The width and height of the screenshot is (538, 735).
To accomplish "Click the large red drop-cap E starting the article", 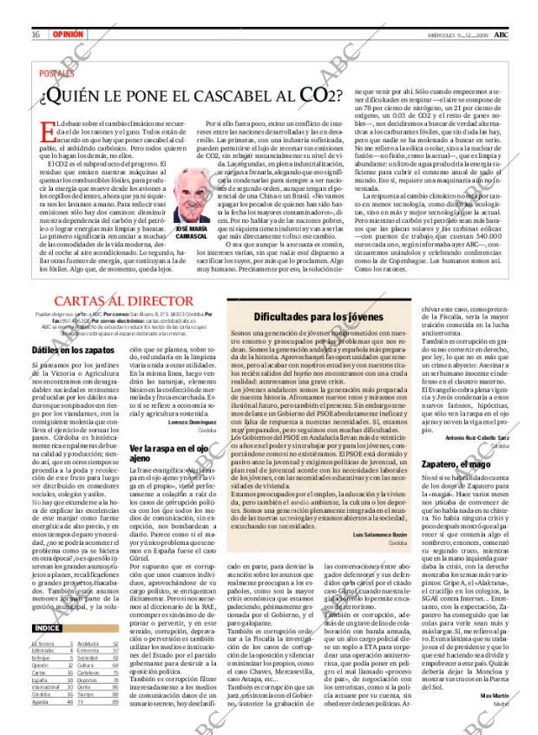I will click(49, 133).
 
